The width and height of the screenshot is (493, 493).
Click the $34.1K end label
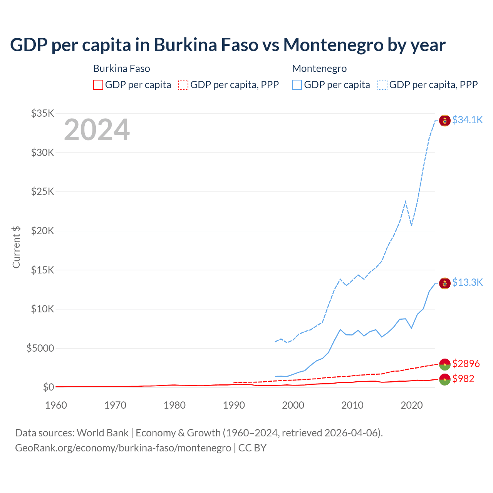(x=467, y=120)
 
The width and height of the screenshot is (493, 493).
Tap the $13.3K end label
(x=467, y=282)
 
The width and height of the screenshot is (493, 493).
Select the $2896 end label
(x=466, y=364)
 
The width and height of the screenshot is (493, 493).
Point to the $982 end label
(x=463, y=379)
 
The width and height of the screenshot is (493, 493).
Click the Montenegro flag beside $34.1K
(x=445, y=121)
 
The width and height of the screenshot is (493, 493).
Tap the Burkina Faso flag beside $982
(x=445, y=379)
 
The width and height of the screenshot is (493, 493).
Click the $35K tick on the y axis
(x=42, y=113)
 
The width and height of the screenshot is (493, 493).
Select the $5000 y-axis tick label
(x=40, y=348)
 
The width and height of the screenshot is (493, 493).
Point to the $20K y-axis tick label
(x=42, y=231)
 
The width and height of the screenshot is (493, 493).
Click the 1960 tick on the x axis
(x=56, y=405)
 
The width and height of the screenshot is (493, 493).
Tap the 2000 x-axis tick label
(x=293, y=405)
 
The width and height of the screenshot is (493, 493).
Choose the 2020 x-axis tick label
(x=412, y=405)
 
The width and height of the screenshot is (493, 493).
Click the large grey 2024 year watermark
(x=97, y=130)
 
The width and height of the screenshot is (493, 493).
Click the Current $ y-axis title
(x=16, y=247)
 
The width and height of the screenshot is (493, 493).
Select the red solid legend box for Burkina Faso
(x=98, y=85)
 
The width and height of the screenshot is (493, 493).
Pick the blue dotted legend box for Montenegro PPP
(x=382, y=85)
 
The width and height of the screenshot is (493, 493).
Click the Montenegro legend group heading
(x=319, y=69)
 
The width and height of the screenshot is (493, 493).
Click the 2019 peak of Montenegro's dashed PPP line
(x=406, y=201)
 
